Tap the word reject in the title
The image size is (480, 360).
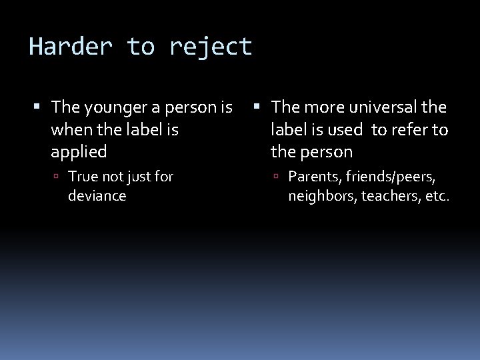click(211, 47)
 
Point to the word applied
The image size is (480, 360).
click(79, 151)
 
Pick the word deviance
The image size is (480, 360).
click(97, 196)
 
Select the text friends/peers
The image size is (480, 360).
click(389, 177)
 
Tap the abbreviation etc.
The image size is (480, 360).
click(436, 196)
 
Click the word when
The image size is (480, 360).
click(68, 129)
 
